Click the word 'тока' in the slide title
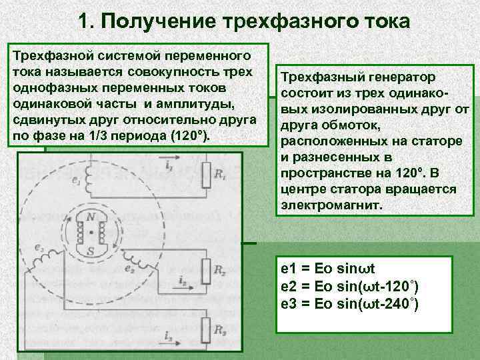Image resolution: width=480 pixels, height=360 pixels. (386, 21)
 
